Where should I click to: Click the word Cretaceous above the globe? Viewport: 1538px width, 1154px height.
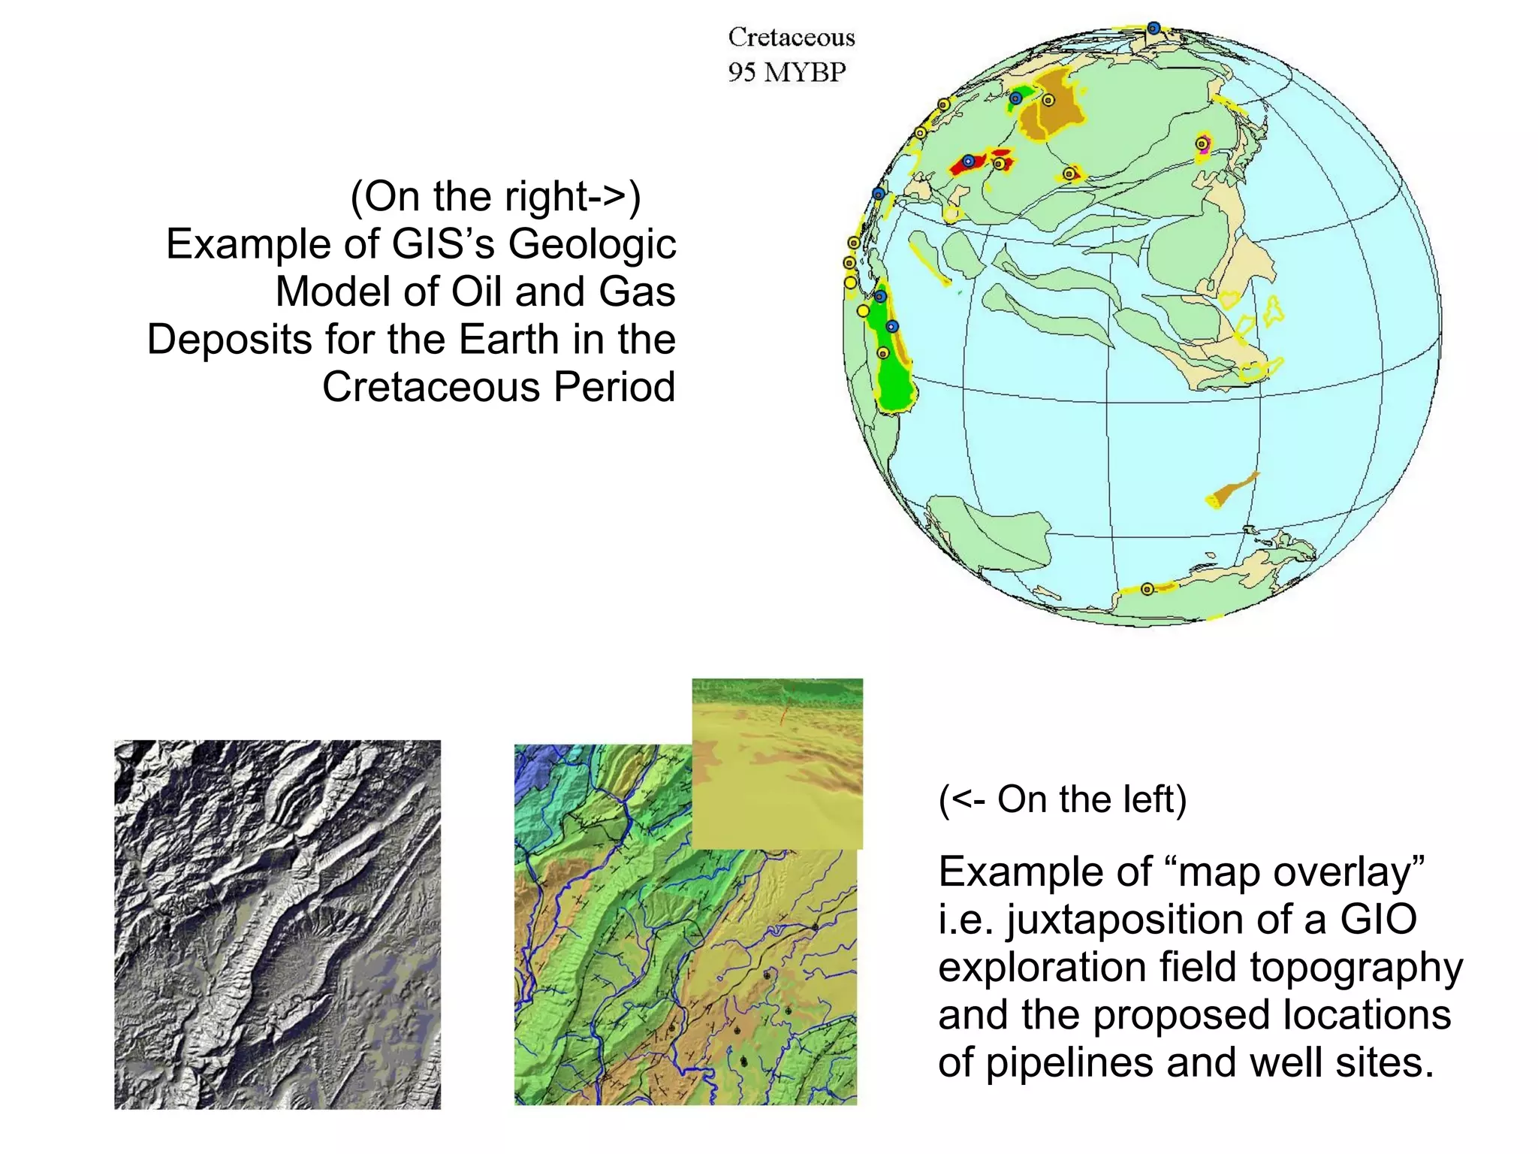[x=792, y=37]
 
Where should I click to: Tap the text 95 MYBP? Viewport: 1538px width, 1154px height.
[x=786, y=72]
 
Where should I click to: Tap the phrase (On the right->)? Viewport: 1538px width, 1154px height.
[x=496, y=197]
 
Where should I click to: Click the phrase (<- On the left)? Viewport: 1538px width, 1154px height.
[x=1062, y=799]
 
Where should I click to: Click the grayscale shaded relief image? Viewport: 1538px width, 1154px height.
[x=277, y=924]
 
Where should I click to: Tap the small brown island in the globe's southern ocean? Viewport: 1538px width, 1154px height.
[x=1232, y=490]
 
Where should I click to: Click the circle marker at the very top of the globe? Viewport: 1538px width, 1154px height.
[x=1153, y=29]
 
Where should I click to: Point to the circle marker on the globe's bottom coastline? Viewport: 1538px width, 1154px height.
[x=1147, y=589]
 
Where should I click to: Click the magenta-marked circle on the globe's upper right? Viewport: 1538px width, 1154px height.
[x=1202, y=143]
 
